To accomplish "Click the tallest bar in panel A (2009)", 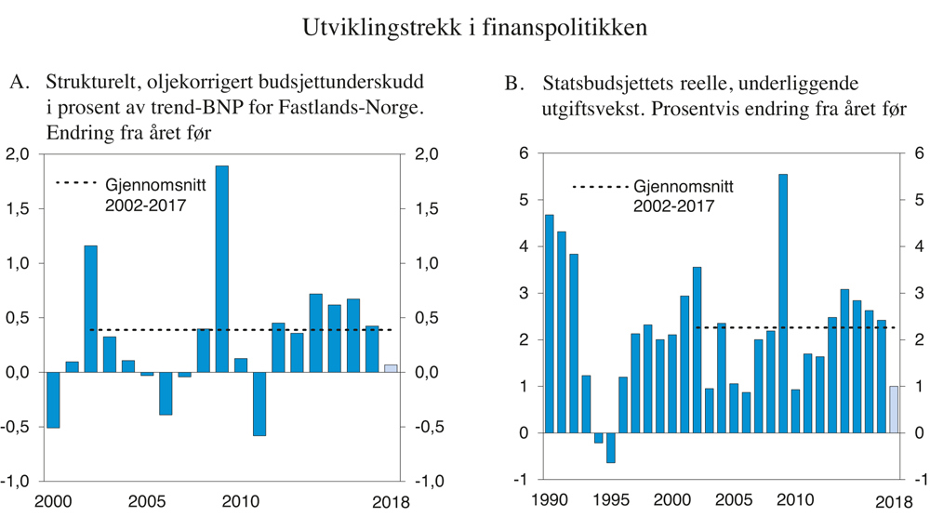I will point(222,270).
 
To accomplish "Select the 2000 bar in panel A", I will point(53,400).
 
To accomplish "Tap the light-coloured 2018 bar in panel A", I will point(392,368).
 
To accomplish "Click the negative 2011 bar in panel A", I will point(259,404).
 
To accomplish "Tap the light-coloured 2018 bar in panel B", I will point(894,409).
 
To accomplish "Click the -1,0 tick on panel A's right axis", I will point(422,482).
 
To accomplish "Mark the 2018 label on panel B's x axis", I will point(893,501).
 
